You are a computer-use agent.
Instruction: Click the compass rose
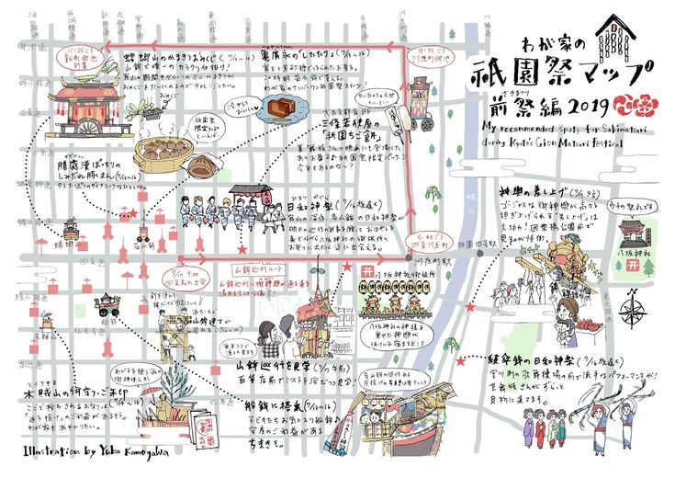633,303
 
